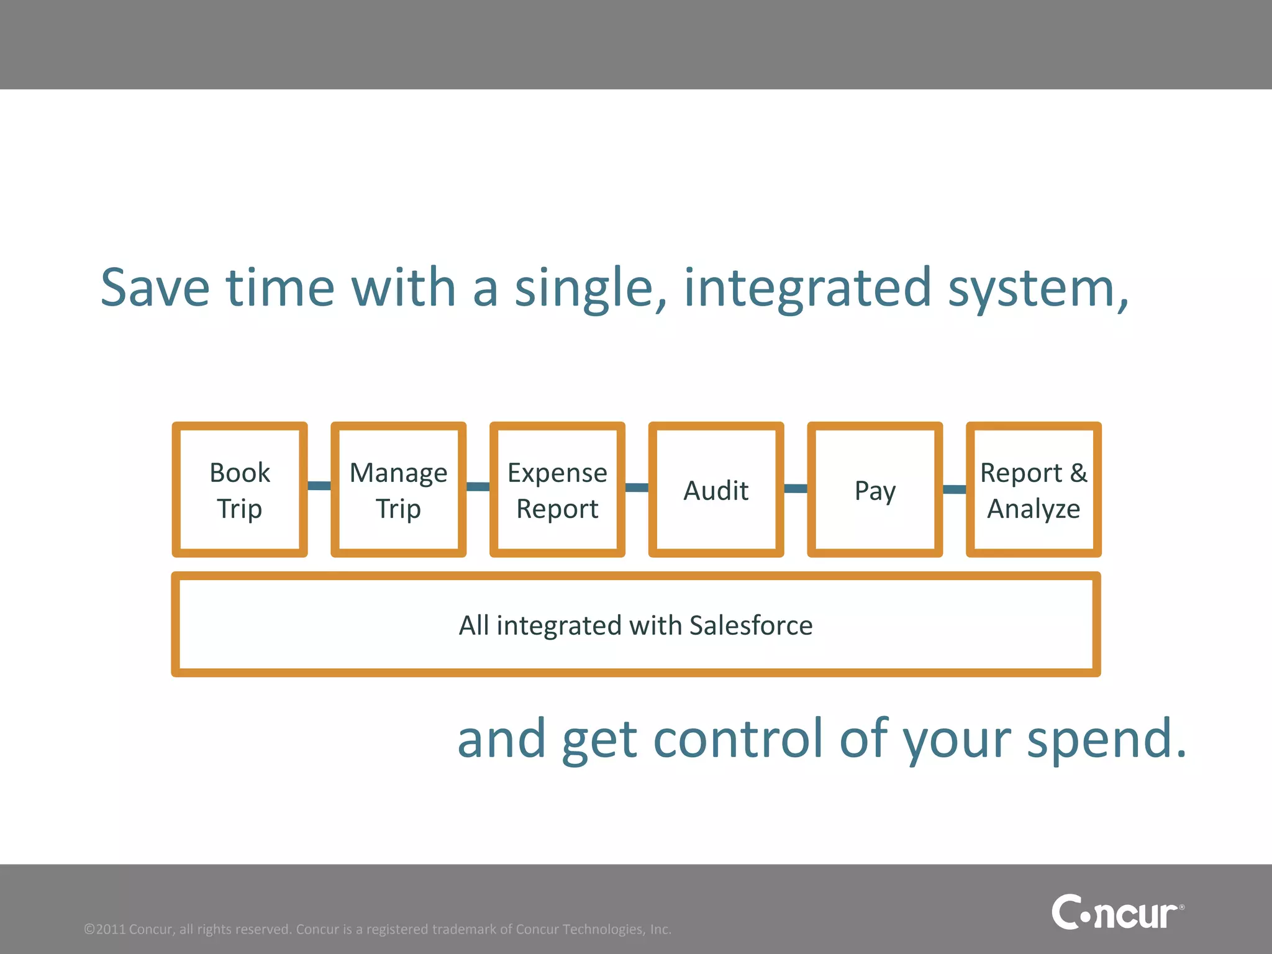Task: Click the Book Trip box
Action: pyautogui.click(x=240, y=490)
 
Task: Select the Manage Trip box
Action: pyautogui.click(x=398, y=490)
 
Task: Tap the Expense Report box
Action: pyautogui.click(x=557, y=490)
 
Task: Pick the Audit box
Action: pyautogui.click(x=716, y=490)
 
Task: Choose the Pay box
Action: pyautogui.click(x=875, y=490)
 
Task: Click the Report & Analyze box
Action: pyautogui.click(x=1033, y=490)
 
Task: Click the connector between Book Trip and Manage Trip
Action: pyautogui.click(x=319, y=485)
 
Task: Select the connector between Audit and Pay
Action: pyautogui.click(x=796, y=488)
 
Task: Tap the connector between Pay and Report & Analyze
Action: pyautogui.click(x=955, y=489)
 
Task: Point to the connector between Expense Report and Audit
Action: pyautogui.click(x=637, y=488)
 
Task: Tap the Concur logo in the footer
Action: pyautogui.click(x=1117, y=913)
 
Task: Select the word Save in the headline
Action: pyautogui.click(x=155, y=288)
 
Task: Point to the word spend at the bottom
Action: pyautogui.click(x=1106, y=739)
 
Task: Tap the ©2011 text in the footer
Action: pyautogui.click(x=106, y=929)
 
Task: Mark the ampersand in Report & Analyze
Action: pyautogui.click(x=1079, y=473)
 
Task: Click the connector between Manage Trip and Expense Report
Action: pyautogui.click(x=478, y=486)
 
